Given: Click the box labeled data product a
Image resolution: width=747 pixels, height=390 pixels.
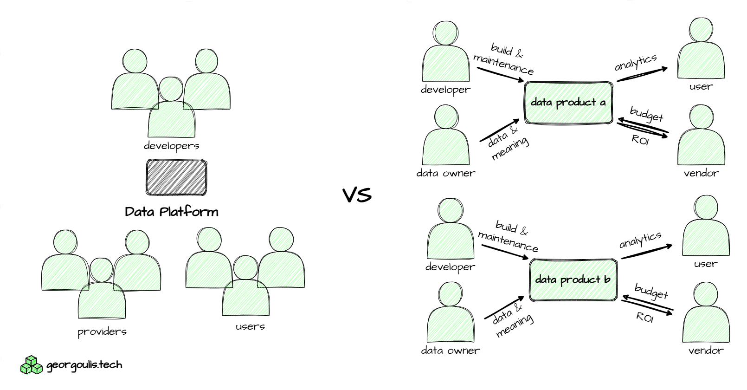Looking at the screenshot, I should (568, 103).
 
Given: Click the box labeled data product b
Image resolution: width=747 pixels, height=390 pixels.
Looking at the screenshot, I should (573, 279).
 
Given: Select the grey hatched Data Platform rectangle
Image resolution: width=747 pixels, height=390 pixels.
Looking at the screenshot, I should (176, 177).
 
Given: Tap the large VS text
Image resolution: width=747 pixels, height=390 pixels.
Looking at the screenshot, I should (357, 195).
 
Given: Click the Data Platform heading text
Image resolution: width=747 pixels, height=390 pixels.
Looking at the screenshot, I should (172, 212).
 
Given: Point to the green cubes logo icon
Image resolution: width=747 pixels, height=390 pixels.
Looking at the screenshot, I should (31, 365).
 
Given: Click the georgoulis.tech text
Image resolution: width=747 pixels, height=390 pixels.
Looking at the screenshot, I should (84, 365).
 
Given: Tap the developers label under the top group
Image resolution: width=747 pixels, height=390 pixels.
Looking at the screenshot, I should (171, 146).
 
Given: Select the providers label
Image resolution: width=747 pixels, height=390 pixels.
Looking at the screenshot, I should (102, 331).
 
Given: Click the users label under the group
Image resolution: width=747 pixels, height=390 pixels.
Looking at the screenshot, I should (250, 326).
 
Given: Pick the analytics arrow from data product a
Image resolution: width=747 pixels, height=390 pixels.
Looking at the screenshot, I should (642, 74).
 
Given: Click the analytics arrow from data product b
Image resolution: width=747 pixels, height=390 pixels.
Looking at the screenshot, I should (646, 252).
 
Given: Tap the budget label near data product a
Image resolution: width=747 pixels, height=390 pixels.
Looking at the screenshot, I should (646, 114).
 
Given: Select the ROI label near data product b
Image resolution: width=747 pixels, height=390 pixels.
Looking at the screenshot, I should (644, 318).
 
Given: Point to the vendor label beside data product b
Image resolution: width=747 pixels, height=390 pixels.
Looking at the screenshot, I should (706, 351).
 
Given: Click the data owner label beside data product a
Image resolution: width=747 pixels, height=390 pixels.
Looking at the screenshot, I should (445, 173).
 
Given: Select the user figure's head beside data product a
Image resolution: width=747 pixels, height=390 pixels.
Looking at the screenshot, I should (701, 32).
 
